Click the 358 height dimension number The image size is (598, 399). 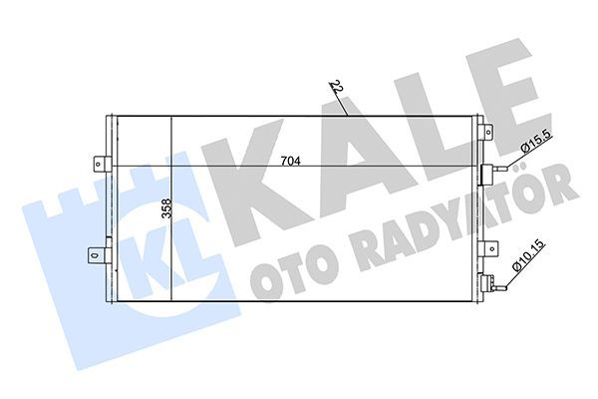[164, 210]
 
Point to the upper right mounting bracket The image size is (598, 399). [484, 129]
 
